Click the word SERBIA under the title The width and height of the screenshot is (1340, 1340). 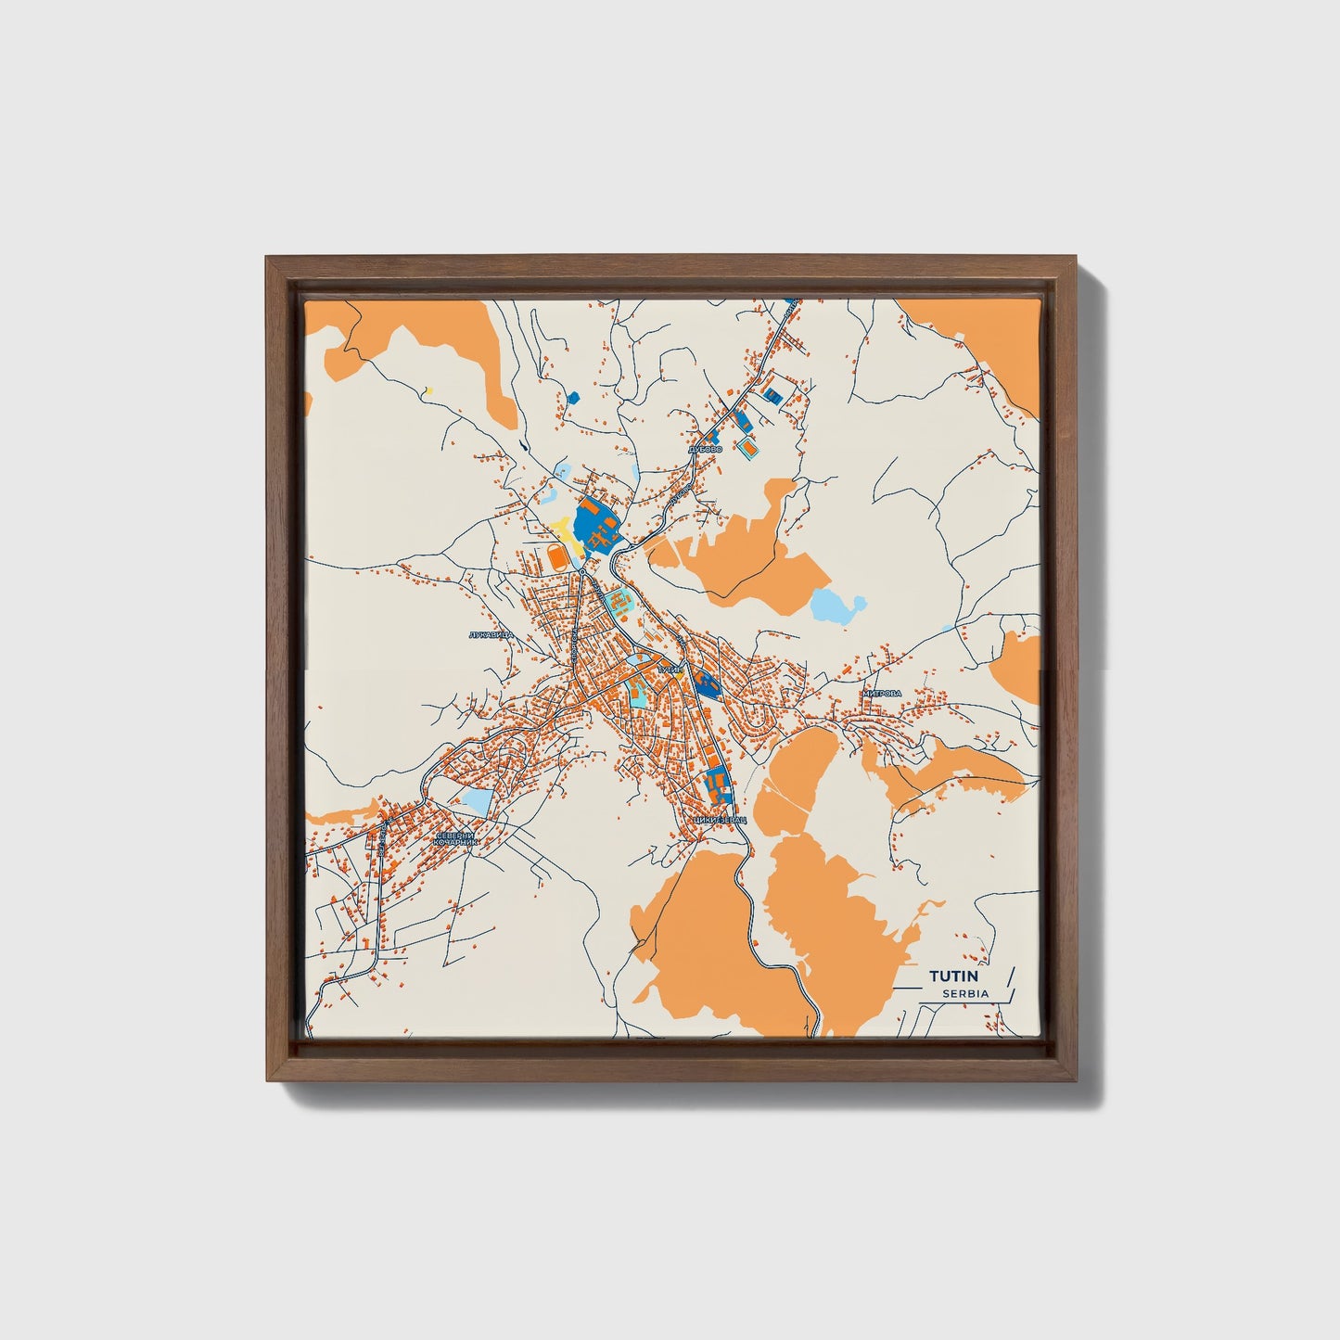965,993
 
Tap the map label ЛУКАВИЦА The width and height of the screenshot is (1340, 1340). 491,635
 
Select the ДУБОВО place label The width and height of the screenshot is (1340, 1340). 706,449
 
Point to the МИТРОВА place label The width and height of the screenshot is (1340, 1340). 882,693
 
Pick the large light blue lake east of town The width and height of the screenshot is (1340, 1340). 837,606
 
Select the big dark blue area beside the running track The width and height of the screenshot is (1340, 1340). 594,527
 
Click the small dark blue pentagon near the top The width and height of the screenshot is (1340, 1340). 572,398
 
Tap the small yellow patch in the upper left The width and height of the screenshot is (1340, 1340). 428,390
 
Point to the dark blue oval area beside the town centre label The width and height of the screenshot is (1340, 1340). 708,684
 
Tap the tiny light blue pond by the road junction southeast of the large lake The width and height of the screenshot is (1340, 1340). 947,629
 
